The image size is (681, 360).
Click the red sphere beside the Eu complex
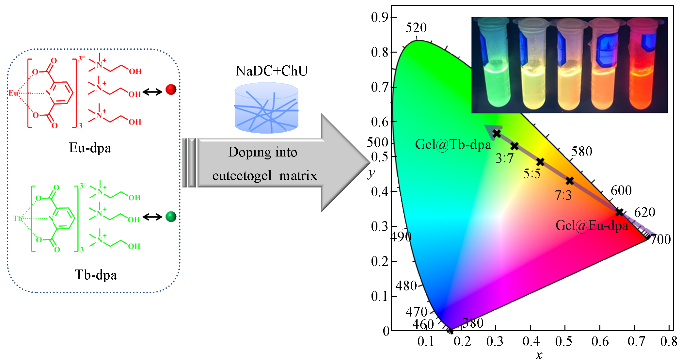[171, 89]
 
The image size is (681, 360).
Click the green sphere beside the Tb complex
[171, 217]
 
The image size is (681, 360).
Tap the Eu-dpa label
[90, 148]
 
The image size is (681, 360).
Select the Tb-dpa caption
[96, 275]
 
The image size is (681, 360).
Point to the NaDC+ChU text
[271, 71]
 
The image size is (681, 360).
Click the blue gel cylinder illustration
[266, 108]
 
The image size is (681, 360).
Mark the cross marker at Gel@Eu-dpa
[619, 212]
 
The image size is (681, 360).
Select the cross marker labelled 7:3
[570, 181]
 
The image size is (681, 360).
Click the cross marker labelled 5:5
[540, 162]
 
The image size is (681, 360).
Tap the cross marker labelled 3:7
[515, 146]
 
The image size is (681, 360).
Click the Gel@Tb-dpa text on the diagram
[453, 144]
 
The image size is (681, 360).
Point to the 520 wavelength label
[416, 28]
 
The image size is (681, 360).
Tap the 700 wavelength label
[660, 239]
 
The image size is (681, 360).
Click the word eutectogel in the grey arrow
[242, 176]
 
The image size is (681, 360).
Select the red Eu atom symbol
[13, 93]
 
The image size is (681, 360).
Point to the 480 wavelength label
[406, 286]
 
